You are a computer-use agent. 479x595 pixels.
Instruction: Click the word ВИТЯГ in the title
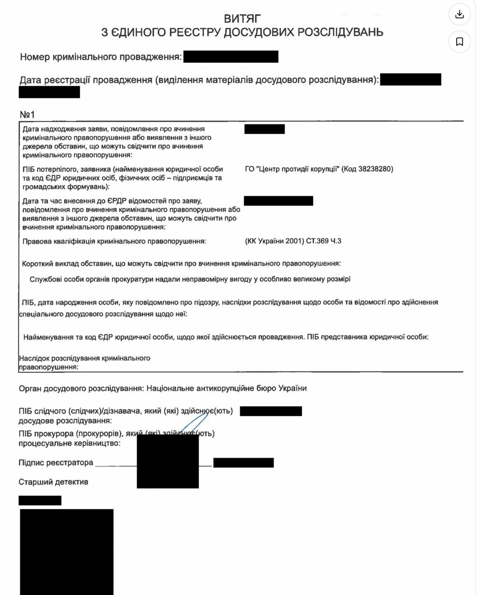click(x=242, y=19)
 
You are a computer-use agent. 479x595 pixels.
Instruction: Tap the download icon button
click(x=459, y=14)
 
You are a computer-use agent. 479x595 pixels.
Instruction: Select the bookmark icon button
click(x=459, y=42)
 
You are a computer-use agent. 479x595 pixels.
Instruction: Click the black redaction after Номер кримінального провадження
click(x=231, y=57)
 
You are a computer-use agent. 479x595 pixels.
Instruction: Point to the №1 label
click(x=27, y=114)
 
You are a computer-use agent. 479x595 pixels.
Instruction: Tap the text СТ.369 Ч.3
click(x=324, y=241)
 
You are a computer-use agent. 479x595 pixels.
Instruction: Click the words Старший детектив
click(x=53, y=482)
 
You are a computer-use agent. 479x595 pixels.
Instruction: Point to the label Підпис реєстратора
click(x=56, y=463)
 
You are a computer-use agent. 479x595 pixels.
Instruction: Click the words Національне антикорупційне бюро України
click(x=226, y=388)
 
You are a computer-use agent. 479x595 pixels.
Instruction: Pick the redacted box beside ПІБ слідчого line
click(x=271, y=411)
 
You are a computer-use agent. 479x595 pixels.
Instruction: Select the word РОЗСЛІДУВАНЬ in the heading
click(x=340, y=32)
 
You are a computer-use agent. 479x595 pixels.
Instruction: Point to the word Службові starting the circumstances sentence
click(x=46, y=279)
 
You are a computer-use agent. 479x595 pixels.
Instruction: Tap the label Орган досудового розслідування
click(x=80, y=388)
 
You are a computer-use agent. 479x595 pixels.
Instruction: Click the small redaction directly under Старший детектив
click(x=40, y=500)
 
